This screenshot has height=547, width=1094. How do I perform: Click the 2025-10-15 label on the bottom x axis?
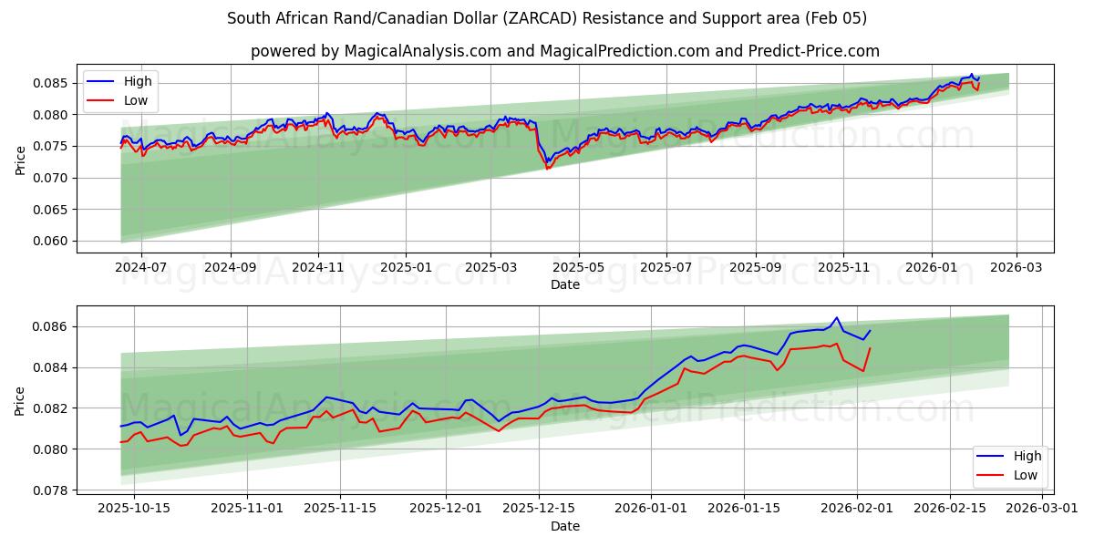click(134, 508)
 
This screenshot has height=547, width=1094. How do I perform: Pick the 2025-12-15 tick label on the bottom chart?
click(539, 508)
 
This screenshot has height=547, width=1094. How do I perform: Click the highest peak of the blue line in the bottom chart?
click(836, 317)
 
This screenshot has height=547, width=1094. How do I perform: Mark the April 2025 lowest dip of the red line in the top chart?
click(547, 169)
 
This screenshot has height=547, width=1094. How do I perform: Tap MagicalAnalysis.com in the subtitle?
click(422, 51)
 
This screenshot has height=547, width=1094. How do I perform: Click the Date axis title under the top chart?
click(564, 284)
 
